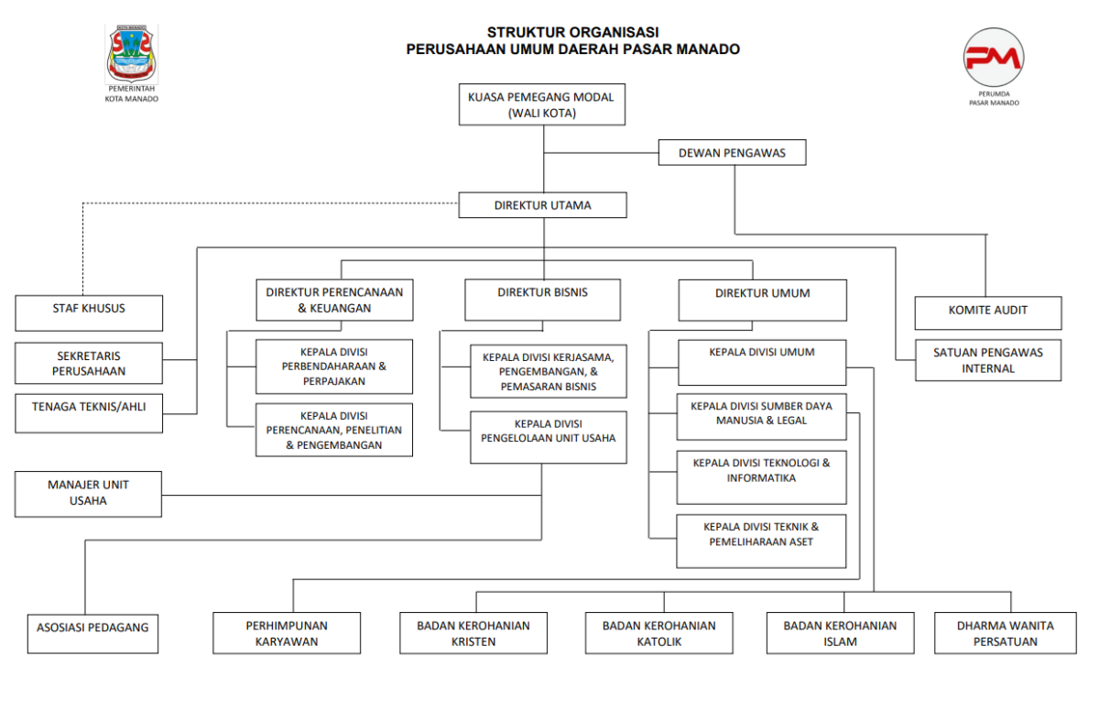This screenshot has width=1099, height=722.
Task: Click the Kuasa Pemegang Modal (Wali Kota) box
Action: coord(541,104)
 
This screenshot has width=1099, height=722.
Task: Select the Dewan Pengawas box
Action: coord(732,153)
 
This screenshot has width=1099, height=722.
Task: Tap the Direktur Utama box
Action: coord(542,205)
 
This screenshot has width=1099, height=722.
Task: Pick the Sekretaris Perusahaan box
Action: coord(89,364)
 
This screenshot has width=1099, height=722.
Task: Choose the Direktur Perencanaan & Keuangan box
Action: coord(334,301)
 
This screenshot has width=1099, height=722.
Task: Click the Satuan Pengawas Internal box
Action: coord(987,360)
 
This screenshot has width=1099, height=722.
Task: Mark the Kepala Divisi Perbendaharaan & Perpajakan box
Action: coord(334,366)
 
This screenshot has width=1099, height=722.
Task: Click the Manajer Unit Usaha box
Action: coord(88,494)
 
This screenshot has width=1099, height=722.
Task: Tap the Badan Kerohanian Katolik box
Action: coord(658,633)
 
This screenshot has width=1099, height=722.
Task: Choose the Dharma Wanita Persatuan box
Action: coord(1005,633)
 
